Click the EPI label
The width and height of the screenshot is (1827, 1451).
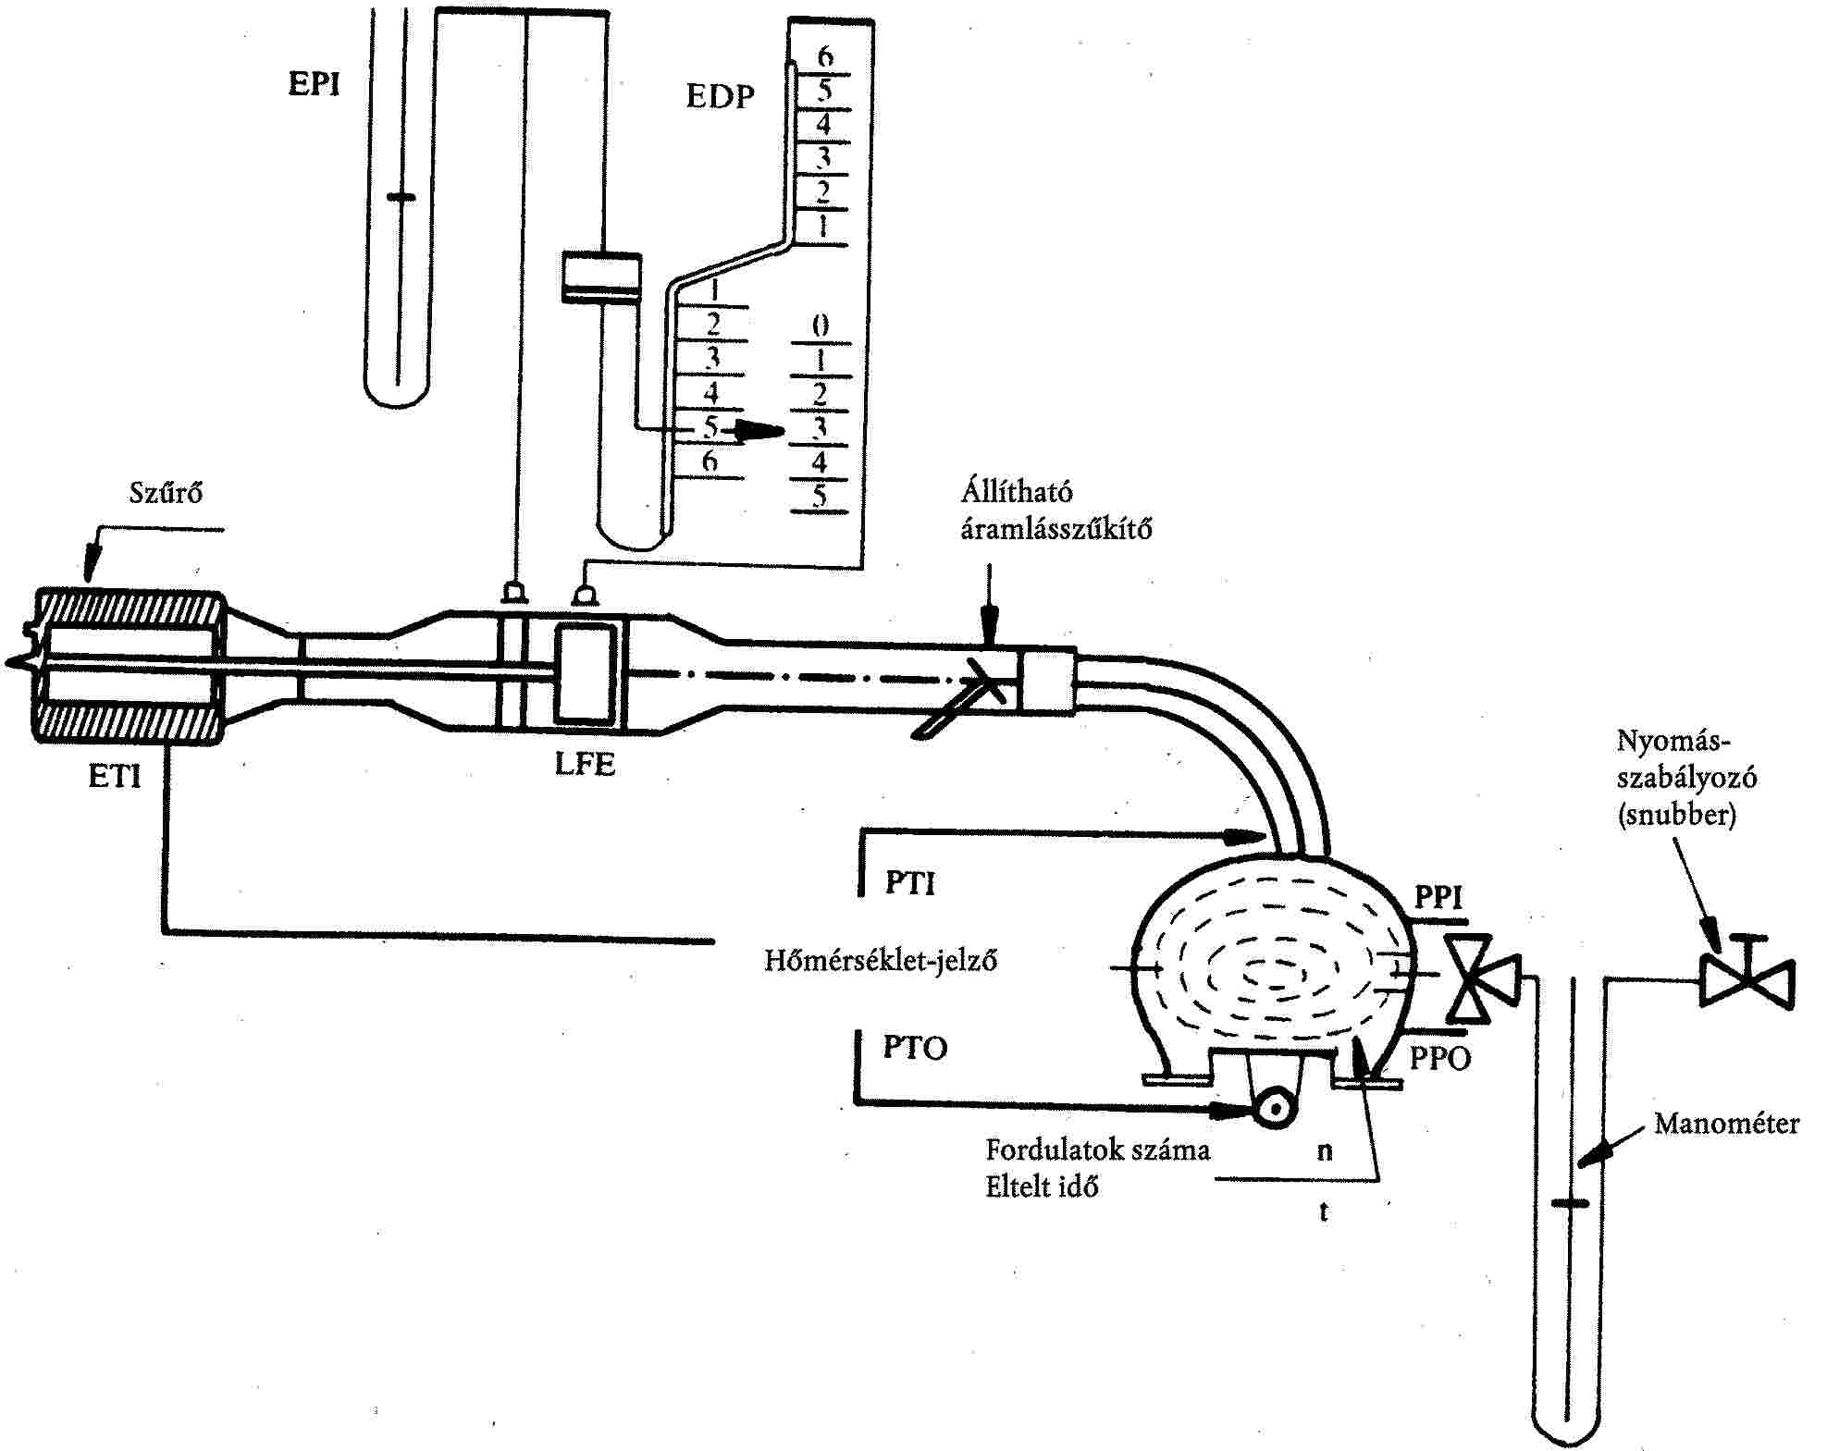pyautogui.click(x=315, y=83)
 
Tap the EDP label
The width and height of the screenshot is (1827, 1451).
pyautogui.click(x=721, y=96)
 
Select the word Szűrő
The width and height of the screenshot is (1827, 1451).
pyautogui.click(x=166, y=492)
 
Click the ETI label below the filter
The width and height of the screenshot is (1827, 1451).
pyautogui.click(x=115, y=776)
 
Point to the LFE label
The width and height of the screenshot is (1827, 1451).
pyautogui.click(x=585, y=764)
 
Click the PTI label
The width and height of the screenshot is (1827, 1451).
pyautogui.click(x=910, y=883)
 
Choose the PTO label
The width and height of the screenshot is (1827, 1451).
pyautogui.click(x=915, y=1048)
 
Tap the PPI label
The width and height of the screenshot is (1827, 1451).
pyautogui.click(x=1439, y=897)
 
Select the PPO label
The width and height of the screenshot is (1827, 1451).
pyautogui.click(x=1440, y=1058)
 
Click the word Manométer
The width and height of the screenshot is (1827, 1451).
pyautogui.click(x=1727, y=1124)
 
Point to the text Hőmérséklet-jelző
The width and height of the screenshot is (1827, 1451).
pyautogui.click(x=881, y=960)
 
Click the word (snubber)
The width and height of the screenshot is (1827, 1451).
pyautogui.click(x=1676, y=815)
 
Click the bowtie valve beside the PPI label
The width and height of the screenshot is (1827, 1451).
pyautogui.click(x=1483, y=977)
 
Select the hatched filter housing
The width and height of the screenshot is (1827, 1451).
pyautogui.click(x=129, y=666)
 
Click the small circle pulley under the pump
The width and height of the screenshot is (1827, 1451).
pyautogui.click(x=1275, y=1107)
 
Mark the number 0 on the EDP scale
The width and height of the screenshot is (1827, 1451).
pyautogui.click(x=820, y=326)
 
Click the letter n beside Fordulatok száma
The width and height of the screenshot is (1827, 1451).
pyautogui.click(x=1325, y=1150)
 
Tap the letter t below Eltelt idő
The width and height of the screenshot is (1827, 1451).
pyautogui.click(x=1324, y=1211)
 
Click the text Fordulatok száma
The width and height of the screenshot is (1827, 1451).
pyautogui.click(x=1097, y=1150)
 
